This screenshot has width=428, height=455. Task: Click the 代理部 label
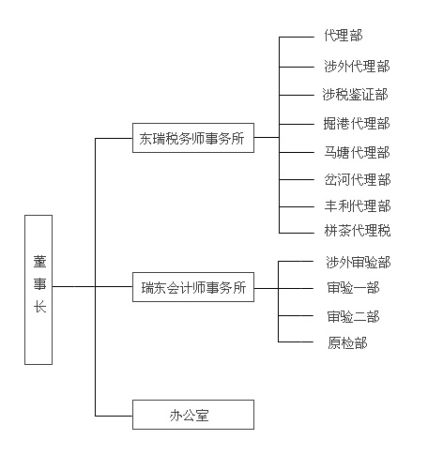point(344,36)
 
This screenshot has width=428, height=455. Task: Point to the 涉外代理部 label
point(357,67)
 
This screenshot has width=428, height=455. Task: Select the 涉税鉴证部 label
point(355,95)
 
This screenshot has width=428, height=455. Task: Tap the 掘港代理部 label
point(357,124)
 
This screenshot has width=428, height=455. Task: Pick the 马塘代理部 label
point(357,153)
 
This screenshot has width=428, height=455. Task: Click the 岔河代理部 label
point(358,180)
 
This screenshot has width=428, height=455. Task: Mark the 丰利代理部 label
point(358,206)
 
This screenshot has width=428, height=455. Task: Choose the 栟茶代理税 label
point(358,231)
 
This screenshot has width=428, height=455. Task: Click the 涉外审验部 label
point(359,263)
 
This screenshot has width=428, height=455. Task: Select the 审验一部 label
point(353,288)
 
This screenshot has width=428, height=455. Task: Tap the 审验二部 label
point(353,317)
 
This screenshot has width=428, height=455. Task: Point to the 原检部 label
point(347,342)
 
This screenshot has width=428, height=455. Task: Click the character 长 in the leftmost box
point(39,307)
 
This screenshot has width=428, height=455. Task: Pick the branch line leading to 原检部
point(296,341)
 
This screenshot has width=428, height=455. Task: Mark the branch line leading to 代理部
point(297,37)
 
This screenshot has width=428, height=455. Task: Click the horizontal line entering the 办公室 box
point(114,416)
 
